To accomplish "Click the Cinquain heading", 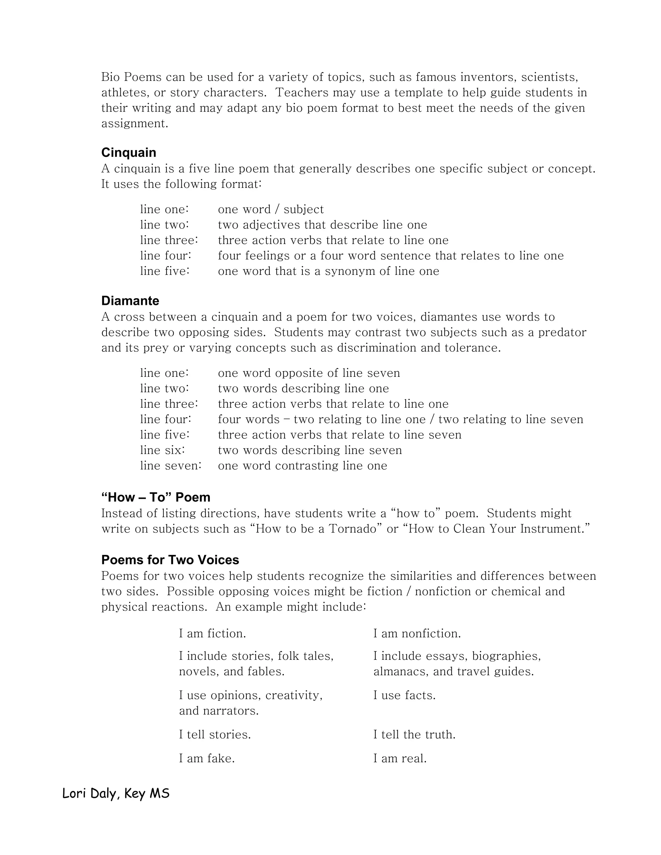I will (x=128, y=152).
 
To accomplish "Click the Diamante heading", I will (x=130, y=301).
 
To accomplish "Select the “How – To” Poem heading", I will (x=156, y=497).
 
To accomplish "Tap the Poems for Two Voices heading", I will (x=170, y=560).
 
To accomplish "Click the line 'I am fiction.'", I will (x=212, y=633).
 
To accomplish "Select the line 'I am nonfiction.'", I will (x=417, y=633).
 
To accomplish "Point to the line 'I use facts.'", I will (x=404, y=695).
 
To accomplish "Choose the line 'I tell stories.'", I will (x=215, y=734).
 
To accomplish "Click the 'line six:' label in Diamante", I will (x=162, y=450).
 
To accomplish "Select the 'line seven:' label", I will (x=171, y=466).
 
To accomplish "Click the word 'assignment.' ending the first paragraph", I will (x=135, y=124).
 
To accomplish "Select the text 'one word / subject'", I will (x=270, y=209).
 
